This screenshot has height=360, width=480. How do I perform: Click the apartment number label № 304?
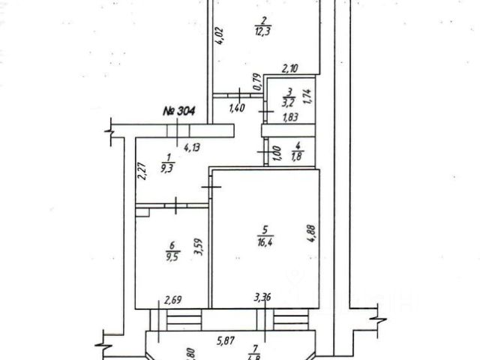point(179,111)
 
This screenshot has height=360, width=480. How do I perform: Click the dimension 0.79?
point(256,82)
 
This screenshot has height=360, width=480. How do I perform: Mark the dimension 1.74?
point(307,97)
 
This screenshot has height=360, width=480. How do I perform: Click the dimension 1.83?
point(290,118)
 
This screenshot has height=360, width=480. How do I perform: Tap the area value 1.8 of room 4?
point(296,156)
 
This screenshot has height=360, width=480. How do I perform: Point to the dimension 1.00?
point(276,153)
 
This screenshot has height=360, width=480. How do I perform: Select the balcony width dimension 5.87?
point(227,340)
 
